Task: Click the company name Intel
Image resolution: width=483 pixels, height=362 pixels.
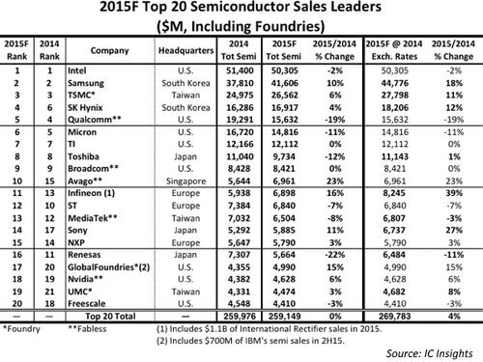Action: click(x=76, y=70)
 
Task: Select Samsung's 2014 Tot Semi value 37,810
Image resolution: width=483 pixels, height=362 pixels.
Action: click(x=240, y=83)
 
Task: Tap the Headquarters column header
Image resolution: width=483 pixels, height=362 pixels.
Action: click(x=185, y=50)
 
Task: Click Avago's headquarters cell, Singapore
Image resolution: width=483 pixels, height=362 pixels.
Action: click(x=185, y=181)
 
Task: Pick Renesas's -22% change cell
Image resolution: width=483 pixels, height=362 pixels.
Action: click(x=335, y=255)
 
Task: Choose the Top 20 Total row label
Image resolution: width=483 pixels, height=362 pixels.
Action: click(x=110, y=316)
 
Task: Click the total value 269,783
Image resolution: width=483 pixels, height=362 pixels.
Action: click(x=395, y=316)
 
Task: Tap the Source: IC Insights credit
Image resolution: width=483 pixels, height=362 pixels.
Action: click(x=430, y=353)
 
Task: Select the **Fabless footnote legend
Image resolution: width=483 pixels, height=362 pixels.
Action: click(x=87, y=329)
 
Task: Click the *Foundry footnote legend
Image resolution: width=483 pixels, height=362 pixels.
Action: click(x=21, y=329)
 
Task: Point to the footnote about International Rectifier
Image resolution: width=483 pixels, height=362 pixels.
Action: click(x=269, y=329)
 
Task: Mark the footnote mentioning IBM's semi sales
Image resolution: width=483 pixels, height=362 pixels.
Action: click(x=250, y=341)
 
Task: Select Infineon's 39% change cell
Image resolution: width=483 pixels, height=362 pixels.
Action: click(x=454, y=193)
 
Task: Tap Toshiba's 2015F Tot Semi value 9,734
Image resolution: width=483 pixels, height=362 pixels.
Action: click(x=284, y=156)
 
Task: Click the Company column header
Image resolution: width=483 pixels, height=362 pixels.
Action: click(x=109, y=50)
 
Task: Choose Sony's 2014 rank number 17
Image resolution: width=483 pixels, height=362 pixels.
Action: click(x=49, y=230)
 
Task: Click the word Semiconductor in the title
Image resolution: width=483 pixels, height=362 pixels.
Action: click(x=243, y=7)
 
